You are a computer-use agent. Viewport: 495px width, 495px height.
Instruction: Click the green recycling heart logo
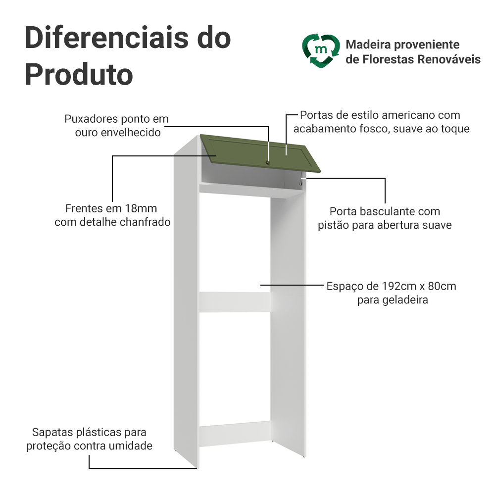pos(321,50)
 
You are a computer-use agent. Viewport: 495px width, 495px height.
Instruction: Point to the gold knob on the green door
pos(267,161)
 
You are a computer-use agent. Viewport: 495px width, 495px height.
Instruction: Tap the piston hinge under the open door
pos(300,183)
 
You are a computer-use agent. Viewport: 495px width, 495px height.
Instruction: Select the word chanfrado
pos(146,222)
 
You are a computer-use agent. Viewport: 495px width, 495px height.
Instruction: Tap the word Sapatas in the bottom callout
pos(52,433)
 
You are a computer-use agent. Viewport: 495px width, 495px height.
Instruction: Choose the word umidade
pos(132,446)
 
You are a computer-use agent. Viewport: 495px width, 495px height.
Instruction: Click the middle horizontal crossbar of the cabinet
pos(235,302)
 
